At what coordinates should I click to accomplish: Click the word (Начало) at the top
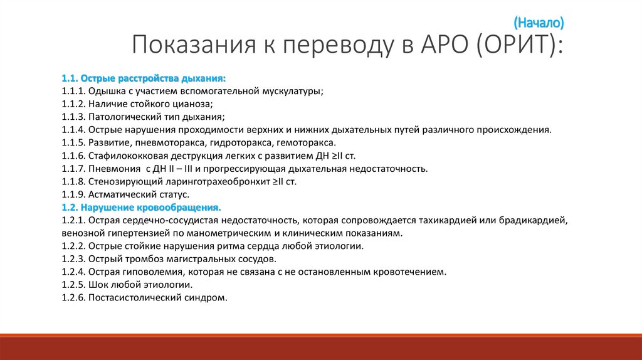tap(539, 23)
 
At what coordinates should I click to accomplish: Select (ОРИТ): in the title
tap(518, 47)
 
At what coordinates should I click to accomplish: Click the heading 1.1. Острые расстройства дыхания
tap(144, 78)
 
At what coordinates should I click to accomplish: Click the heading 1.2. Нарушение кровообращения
tap(141, 207)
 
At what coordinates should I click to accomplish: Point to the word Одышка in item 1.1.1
tap(106, 92)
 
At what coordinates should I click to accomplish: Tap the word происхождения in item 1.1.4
tap(515, 130)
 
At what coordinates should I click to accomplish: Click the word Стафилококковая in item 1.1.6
tap(127, 156)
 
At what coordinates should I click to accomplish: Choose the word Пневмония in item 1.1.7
tap(110, 169)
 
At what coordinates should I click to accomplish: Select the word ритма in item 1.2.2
tap(230, 246)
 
